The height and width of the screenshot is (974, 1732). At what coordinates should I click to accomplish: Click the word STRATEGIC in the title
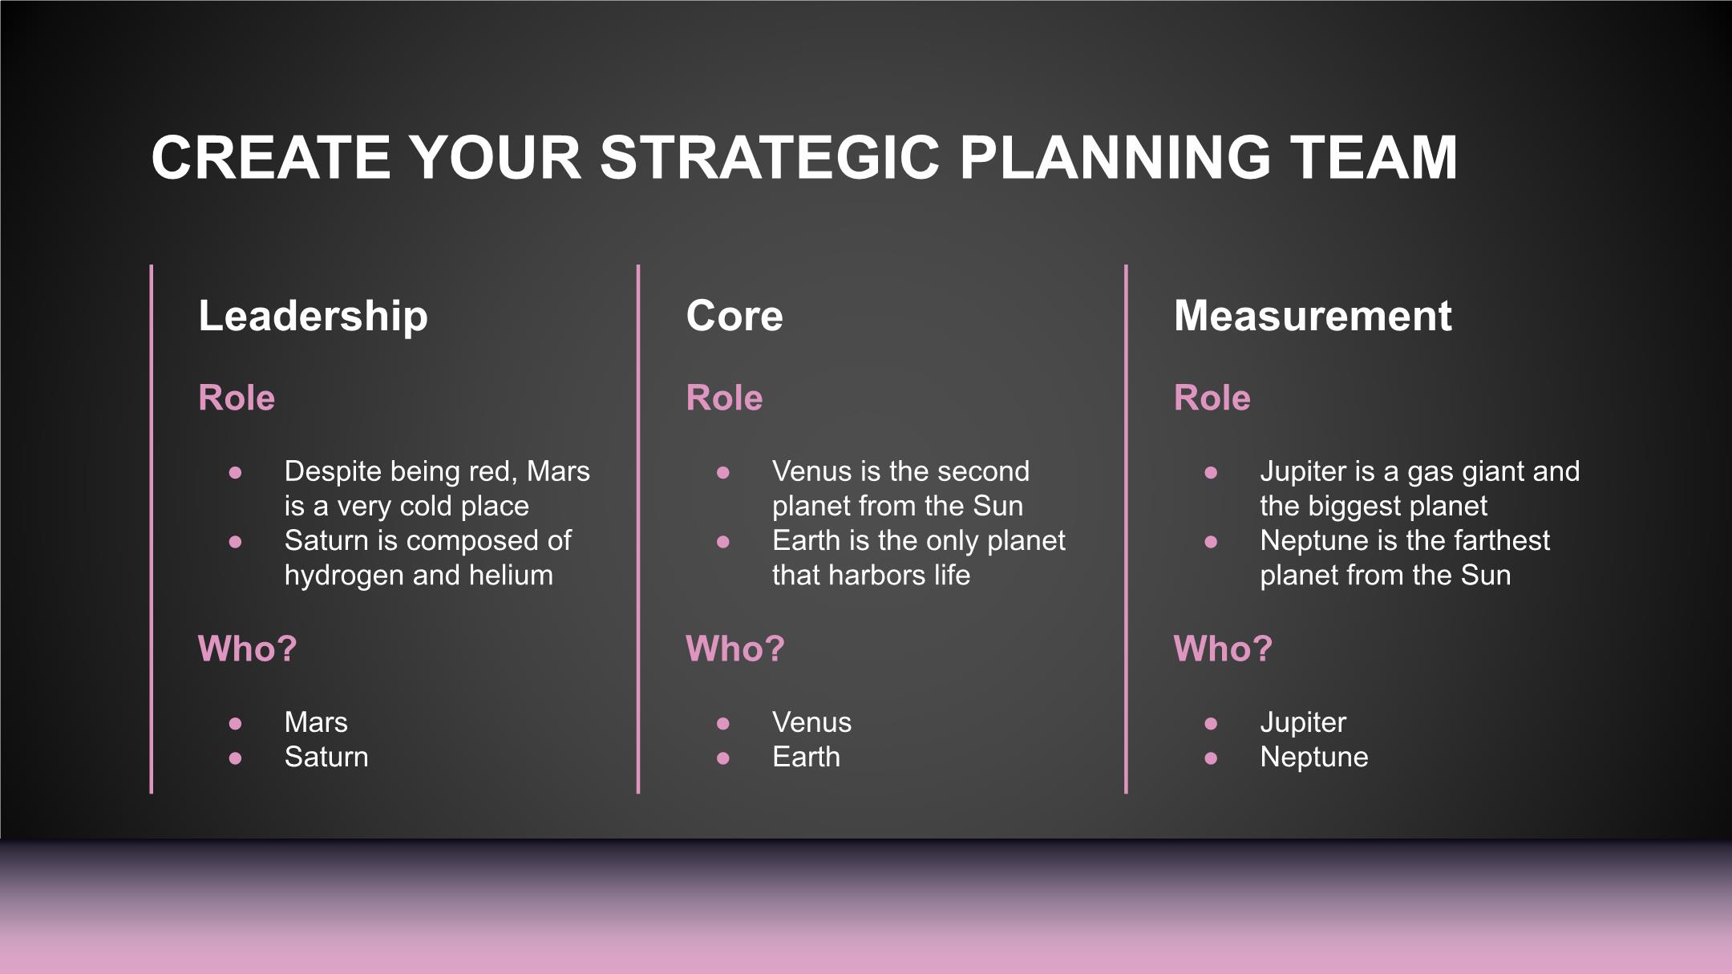[x=770, y=157]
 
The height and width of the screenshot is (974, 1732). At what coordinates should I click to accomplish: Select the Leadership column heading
[x=313, y=316]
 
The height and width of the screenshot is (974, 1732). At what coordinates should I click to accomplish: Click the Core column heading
[x=734, y=316]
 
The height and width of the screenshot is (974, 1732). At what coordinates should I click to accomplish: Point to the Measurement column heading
[x=1313, y=316]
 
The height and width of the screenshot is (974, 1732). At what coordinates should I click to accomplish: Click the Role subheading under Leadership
[x=237, y=398]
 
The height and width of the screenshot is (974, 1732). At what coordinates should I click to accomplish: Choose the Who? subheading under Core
[x=735, y=649]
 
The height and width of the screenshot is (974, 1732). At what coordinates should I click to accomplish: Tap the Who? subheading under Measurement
[x=1223, y=649]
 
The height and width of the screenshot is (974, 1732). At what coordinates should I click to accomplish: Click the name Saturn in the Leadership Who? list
[x=326, y=757]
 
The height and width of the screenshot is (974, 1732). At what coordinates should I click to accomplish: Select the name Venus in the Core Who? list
[x=811, y=722]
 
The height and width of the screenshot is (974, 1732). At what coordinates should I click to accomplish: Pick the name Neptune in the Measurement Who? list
[x=1314, y=758]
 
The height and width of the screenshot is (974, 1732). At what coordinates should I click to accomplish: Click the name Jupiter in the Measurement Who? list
[x=1303, y=723]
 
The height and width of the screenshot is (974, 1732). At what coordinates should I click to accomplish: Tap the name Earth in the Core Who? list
[x=806, y=757]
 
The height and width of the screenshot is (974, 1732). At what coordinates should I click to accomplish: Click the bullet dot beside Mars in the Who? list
[x=235, y=723]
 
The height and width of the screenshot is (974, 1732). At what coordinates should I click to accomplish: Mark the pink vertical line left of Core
[x=638, y=529]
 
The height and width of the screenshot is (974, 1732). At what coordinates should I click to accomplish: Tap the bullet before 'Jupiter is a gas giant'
[x=1211, y=472]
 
